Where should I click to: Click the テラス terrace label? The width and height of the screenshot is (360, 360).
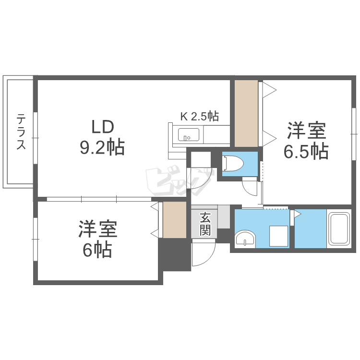pos(21,132)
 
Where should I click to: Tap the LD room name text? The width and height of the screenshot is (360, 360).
pos(103,127)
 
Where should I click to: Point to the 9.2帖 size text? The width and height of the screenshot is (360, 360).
pos(102,147)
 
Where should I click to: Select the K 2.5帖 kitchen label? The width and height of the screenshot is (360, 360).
pos(199,116)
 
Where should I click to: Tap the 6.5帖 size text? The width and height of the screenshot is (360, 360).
pos(306,151)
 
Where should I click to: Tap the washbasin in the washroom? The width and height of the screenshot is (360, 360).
pos(246,239)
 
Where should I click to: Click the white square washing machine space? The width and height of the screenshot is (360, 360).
pos(278,236)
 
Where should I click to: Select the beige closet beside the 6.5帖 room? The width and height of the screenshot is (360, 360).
pos(246,113)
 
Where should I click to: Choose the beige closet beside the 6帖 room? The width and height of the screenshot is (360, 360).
pos(174,220)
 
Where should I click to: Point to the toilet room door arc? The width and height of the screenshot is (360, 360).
pos(250,186)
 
